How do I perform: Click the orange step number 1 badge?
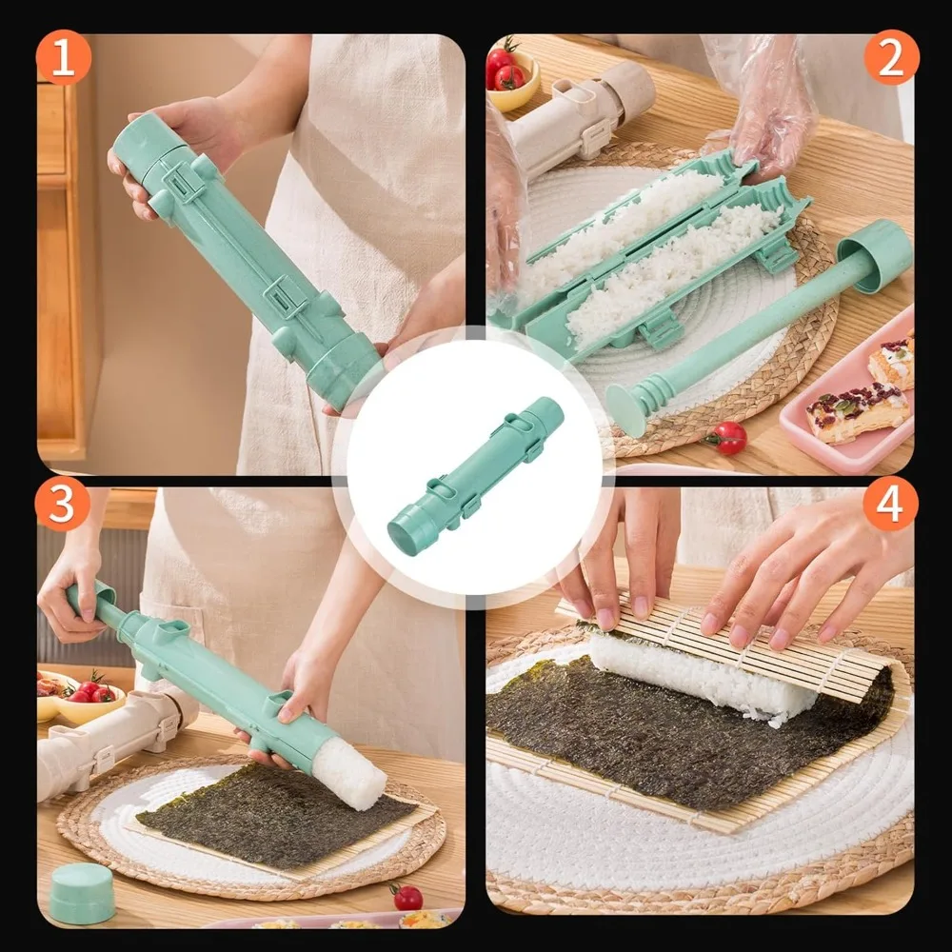pos(64,58)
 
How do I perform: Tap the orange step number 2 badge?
pos(891,58)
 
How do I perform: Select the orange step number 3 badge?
pos(63,504)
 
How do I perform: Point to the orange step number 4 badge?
pos(890,504)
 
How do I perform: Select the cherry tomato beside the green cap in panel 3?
pos(408,897)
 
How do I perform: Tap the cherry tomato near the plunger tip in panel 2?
pos(729,438)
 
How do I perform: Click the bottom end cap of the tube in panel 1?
pos(343,370)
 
